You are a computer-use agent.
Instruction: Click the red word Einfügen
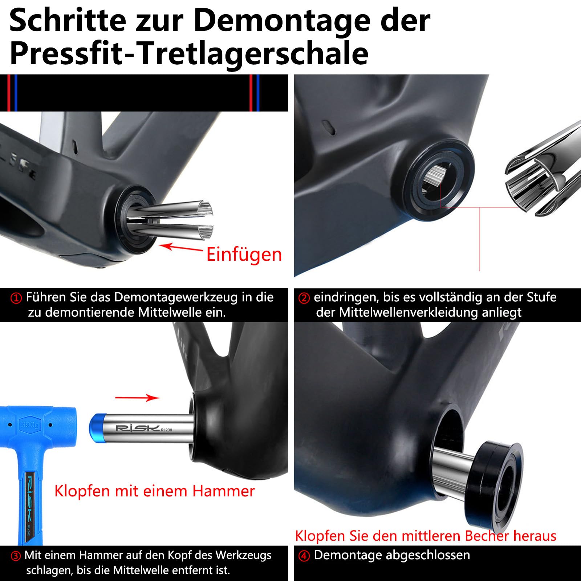pos(244,254)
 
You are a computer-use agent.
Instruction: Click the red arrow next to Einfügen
pos(181,248)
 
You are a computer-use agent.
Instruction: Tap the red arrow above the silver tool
pos(137,398)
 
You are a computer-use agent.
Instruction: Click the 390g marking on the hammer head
pos(31,424)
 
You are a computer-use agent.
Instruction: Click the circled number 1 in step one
pos(16,298)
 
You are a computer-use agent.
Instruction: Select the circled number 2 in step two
pos(304,298)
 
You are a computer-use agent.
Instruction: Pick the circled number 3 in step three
pos(16,556)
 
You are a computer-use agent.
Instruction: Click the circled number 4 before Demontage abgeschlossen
pos(304,556)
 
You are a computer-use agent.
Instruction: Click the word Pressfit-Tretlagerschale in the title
pos(189,54)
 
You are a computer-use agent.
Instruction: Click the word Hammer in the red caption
pos(223,491)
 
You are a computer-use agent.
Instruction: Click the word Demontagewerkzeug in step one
pos(176,297)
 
